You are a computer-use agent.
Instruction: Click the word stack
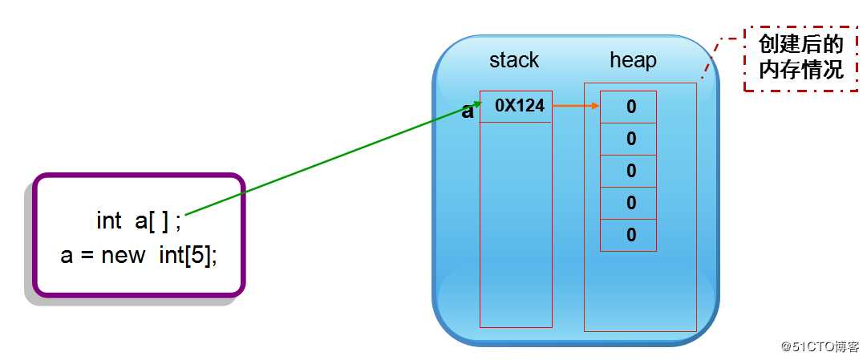point(514,60)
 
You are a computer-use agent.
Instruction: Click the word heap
point(633,60)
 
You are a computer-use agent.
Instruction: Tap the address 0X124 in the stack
point(519,106)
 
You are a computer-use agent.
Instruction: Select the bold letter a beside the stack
point(468,111)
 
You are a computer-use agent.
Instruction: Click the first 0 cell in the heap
point(630,107)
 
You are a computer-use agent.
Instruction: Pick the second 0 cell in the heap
point(630,139)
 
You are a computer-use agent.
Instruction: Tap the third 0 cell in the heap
point(630,171)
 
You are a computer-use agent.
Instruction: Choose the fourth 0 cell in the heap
point(630,203)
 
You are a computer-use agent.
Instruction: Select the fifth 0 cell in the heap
point(630,235)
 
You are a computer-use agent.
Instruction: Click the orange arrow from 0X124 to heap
point(576,106)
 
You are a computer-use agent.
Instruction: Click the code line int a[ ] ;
point(139,220)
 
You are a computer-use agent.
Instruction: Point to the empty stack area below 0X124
point(517,224)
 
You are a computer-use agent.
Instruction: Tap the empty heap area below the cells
point(639,293)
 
